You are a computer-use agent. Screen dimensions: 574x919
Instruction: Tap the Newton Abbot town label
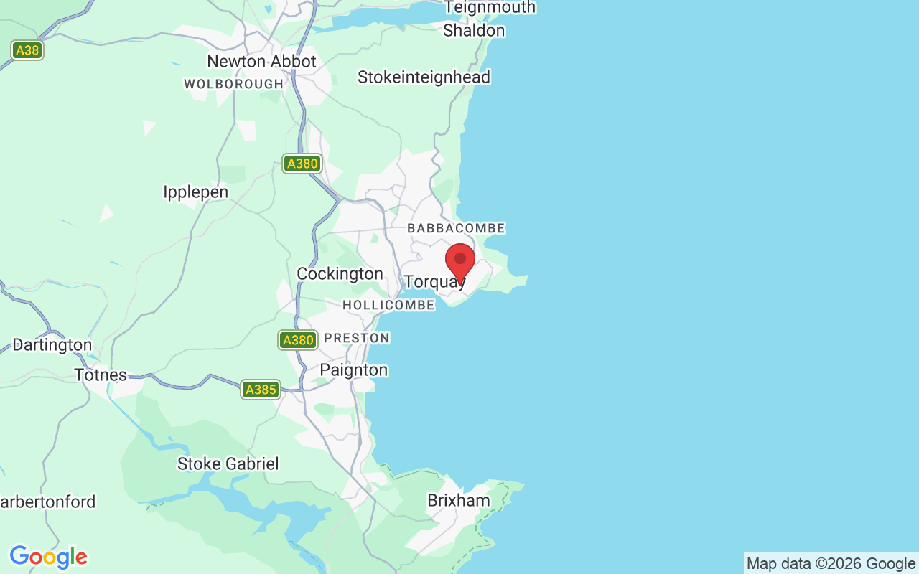pyautogui.click(x=261, y=62)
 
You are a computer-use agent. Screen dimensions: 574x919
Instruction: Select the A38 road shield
pyautogui.click(x=27, y=50)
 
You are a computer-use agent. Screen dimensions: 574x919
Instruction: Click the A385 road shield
pyautogui.click(x=260, y=390)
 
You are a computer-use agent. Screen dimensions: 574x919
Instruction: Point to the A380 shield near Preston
pyautogui.click(x=298, y=340)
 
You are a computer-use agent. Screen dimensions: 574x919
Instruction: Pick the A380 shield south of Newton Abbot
pyautogui.click(x=302, y=164)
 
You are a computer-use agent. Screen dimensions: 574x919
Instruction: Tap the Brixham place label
pyautogui.click(x=459, y=500)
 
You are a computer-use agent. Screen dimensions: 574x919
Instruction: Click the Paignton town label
pyautogui.click(x=353, y=370)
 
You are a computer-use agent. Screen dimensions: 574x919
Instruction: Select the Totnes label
pyautogui.click(x=101, y=375)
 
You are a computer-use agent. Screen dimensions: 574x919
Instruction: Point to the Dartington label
pyautogui.click(x=52, y=345)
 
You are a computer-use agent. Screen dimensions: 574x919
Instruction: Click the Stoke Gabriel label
pyautogui.click(x=228, y=464)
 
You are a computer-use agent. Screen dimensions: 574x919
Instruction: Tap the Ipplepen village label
pyautogui.click(x=195, y=192)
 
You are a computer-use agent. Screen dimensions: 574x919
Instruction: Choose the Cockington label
pyautogui.click(x=340, y=274)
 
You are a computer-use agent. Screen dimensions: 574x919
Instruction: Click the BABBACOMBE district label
pyautogui.click(x=456, y=228)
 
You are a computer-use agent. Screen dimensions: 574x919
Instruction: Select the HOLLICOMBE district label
pyautogui.click(x=388, y=306)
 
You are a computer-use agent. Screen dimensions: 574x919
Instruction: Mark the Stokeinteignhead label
pyautogui.click(x=424, y=77)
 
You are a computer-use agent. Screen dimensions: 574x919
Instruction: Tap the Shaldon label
pyautogui.click(x=474, y=31)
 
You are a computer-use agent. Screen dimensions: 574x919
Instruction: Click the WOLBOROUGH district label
pyautogui.click(x=234, y=84)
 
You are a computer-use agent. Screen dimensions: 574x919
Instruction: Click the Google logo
pyautogui.click(x=48, y=557)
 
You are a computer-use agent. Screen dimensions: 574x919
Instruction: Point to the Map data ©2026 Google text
pyautogui.click(x=831, y=564)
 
